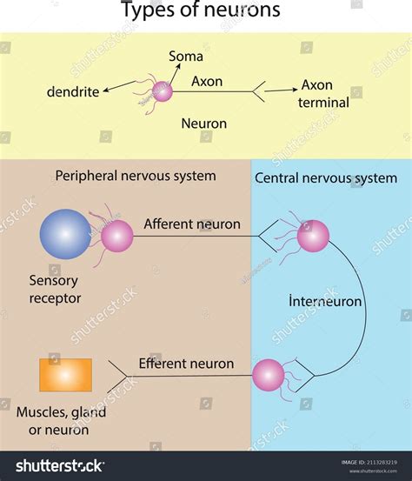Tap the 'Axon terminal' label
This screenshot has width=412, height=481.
324,94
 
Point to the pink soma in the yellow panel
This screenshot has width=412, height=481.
163,91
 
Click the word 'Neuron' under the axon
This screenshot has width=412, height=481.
203,124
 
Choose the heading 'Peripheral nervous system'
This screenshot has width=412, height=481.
136,176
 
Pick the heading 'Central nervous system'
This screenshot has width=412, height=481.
326,178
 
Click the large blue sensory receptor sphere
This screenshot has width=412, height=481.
65,234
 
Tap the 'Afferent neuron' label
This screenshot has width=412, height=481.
192,224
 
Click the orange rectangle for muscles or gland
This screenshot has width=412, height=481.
65,375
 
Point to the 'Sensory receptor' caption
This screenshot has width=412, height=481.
53,290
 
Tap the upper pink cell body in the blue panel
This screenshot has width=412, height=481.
313,236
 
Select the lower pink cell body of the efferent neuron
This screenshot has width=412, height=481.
268,375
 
